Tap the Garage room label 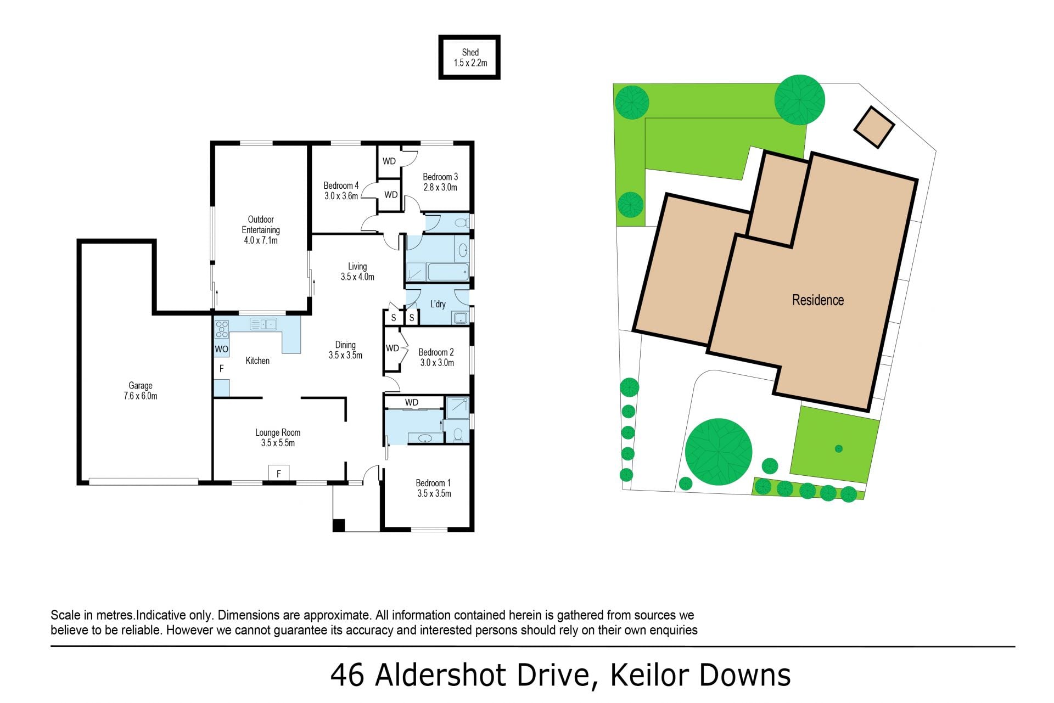coord(141,385)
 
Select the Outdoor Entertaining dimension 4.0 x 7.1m coord(261,240)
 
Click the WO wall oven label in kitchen coord(221,349)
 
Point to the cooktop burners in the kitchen coord(222,329)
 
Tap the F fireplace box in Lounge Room coord(279,473)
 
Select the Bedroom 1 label coord(433,483)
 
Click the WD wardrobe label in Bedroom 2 coord(392,348)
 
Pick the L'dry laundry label coord(438,304)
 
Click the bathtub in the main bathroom coord(448,272)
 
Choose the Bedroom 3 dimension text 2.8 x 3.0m coord(440,187)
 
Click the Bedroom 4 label coord(341,185)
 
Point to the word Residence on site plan coord(818,300)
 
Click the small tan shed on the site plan coord(874,127)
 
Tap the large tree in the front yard coord(719,452)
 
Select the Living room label coord(357,267)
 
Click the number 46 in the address coord(347,675)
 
